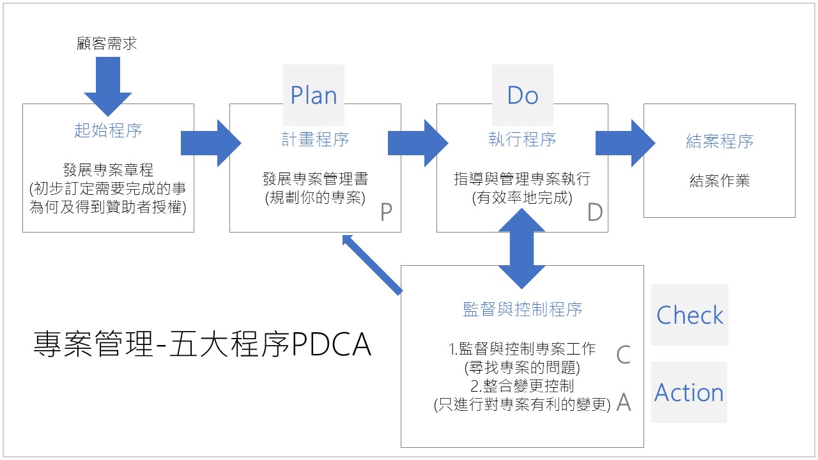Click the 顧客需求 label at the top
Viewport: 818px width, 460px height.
tap(106, 43)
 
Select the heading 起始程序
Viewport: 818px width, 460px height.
tap(107, 130)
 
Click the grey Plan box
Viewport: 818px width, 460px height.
tap(313, 95)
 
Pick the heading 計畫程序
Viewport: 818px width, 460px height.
tap(315, 139)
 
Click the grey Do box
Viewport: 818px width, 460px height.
tap(522, 95)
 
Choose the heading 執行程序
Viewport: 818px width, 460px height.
tap(522, 139)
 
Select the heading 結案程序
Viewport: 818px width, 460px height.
tap(719, 141)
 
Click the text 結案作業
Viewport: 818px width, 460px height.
tap(719, 180)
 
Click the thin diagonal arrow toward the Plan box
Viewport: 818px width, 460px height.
tap(373, 264)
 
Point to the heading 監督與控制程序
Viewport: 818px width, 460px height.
tap(522, 310)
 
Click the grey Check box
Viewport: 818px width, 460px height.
tap(690, 315)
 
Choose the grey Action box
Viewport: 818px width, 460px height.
tap(689, 392)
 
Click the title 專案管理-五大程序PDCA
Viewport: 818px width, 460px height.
tap(202, 346)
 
